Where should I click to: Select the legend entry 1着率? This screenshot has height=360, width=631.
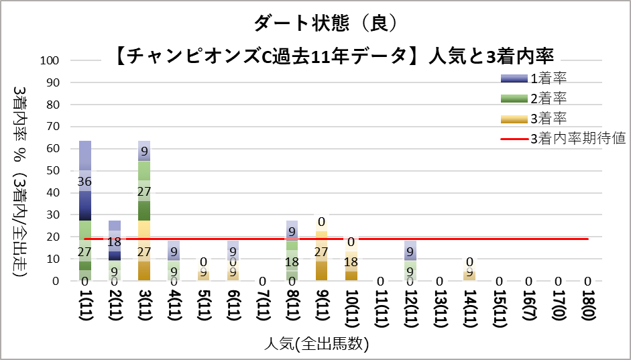pos(549,78)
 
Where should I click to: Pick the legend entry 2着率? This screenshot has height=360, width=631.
pos(549,99)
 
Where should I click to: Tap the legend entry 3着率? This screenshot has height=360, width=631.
pos(549,119)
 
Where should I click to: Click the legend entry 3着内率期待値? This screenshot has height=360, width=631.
pos(577,139)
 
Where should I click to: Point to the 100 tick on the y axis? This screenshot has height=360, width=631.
pos(52,60)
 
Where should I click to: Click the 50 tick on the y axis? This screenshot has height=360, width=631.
pos(54,171)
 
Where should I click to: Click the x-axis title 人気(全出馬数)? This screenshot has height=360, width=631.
pos(315,345)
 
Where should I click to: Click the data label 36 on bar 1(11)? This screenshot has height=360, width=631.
pos(85,182)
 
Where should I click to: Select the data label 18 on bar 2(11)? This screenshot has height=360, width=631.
pos(115,242)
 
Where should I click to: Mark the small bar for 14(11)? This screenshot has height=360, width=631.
pos(469,274)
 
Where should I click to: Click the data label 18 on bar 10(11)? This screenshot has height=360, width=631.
pos(351,263)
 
